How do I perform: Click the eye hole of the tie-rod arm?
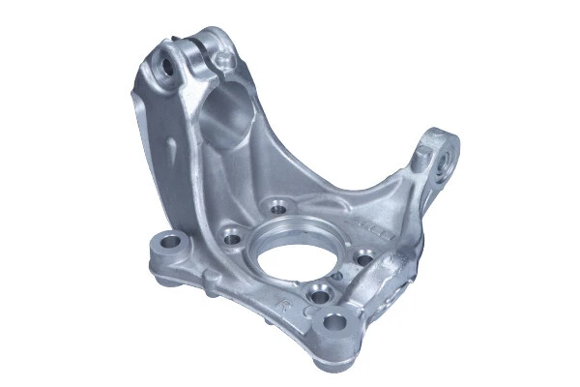pos(445,154)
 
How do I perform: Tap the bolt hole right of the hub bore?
pos(362,257)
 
